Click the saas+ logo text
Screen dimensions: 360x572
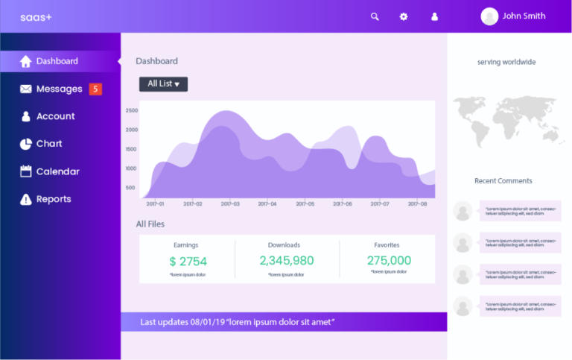[36, 16]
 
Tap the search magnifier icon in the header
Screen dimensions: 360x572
[375, 16]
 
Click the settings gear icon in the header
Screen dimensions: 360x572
[404, 16]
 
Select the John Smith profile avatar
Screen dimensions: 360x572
[489, 16]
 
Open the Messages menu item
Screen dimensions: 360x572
[59, 89]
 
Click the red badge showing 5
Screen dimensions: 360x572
[95, 89]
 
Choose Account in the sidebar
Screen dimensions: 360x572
[55, 116]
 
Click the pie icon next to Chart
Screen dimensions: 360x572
[25, 144]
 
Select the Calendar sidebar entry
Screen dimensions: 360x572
[57, 171]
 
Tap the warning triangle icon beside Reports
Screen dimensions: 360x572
[25, 199]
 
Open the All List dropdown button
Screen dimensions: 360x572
[163, 83]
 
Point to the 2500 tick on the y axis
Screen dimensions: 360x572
[131, 110]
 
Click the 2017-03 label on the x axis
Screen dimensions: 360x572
[230, 203]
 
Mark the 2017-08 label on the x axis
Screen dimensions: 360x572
[417, 203]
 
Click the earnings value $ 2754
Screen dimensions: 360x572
[188, 261]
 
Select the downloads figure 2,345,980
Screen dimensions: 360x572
[287, 261]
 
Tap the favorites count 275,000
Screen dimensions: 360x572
[389, 261]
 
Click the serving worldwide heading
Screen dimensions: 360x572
[506, 62]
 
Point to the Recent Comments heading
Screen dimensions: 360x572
[503, 180]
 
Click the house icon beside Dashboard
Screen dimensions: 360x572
[25, 61]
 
